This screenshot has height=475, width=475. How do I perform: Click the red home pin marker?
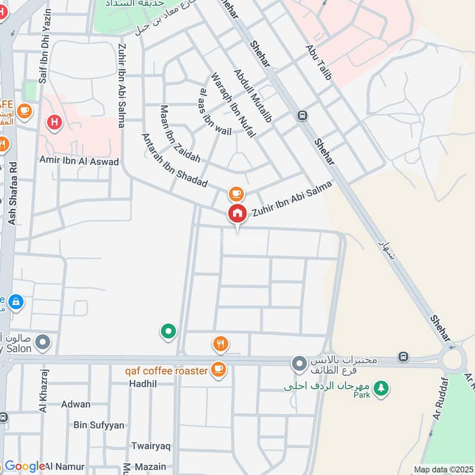point(237,214)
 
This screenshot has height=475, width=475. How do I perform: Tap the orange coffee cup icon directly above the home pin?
point(236,194)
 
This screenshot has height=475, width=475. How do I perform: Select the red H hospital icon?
point(55,122)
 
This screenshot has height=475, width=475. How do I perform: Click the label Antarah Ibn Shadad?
point(174,161)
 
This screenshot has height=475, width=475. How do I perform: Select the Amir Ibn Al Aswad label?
point(79,161)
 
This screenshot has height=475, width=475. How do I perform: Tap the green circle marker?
point(169,331)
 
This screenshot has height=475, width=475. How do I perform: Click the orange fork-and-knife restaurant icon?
point(220,343)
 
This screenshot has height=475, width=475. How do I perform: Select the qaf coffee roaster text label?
point(166,371)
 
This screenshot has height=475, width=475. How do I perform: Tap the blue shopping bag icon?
point(16,302)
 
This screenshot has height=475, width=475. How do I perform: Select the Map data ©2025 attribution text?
point(442,469)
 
